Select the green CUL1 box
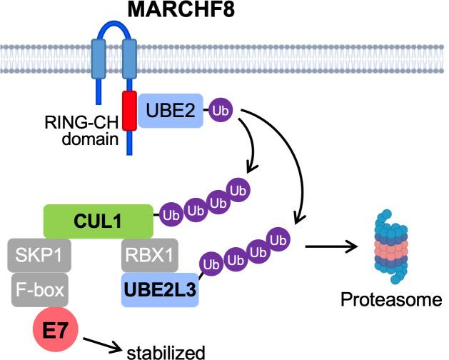[x=98, y=220]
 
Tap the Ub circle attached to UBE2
[x=220, y=111]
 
